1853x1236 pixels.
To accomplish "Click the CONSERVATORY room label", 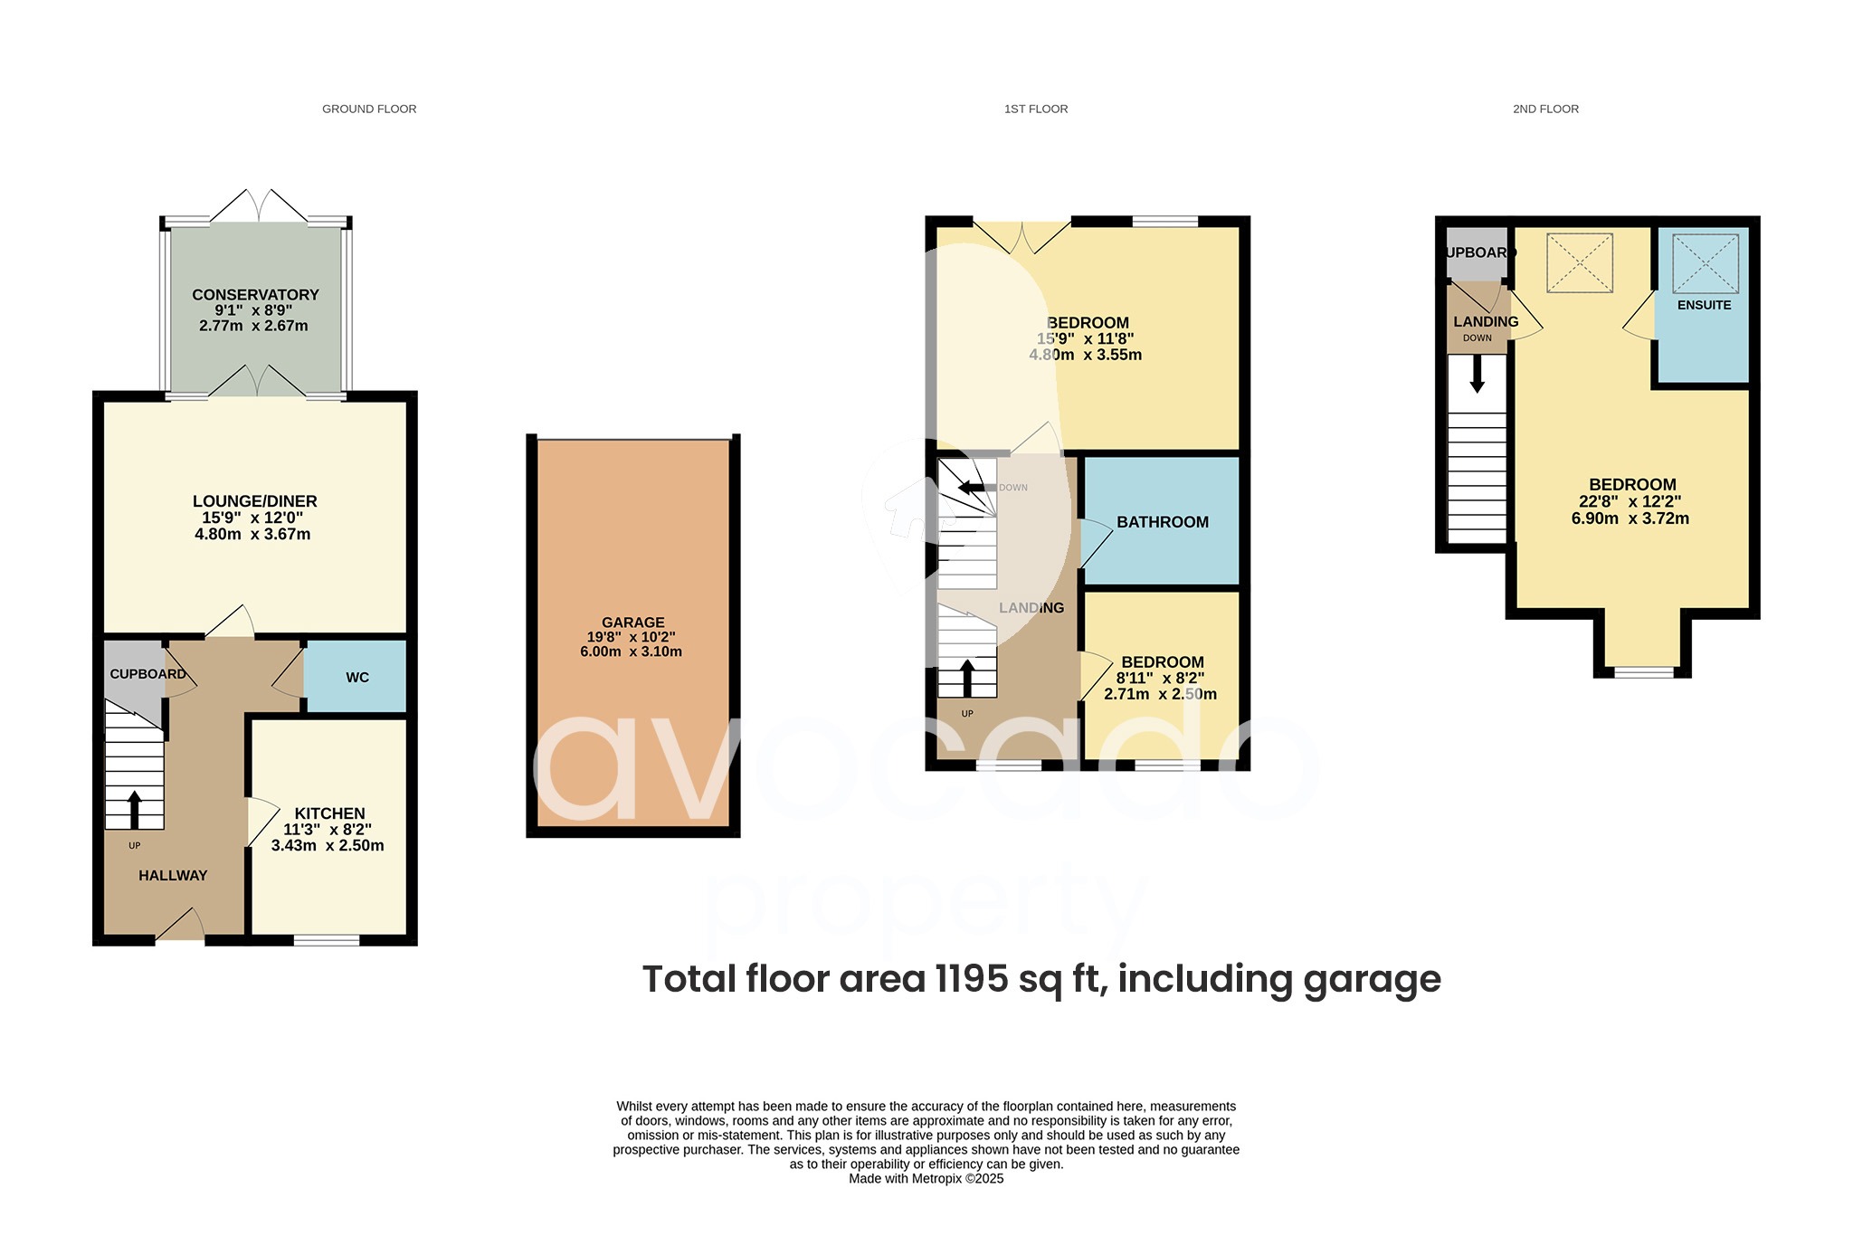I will (255, 295).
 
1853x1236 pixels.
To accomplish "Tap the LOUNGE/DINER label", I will (254, 501).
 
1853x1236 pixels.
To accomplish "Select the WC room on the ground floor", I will (356, 678).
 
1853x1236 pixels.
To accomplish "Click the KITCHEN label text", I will (329, 813).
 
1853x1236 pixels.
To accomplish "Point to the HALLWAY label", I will (173, 875).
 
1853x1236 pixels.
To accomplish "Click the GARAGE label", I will (632, 623).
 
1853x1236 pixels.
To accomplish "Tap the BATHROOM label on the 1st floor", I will (1162, 522).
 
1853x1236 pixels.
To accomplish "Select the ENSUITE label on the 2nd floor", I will (1704, 305).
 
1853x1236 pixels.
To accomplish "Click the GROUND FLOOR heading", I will (369, 109).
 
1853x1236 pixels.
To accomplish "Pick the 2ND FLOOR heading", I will (1545, 109).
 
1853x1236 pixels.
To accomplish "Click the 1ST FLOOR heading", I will (1035, 109).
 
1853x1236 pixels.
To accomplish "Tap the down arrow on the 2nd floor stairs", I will (1477, 374).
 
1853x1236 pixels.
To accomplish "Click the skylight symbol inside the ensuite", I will (1705, 263).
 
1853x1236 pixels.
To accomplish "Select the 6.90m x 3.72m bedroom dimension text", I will (1630, 518).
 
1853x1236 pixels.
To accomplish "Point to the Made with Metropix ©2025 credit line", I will (926, 1179).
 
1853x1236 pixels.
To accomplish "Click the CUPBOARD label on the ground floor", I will (147, 674).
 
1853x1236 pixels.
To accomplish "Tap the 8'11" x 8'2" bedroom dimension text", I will (1160, 678).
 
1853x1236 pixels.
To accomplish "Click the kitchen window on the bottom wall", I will (327, 941).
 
